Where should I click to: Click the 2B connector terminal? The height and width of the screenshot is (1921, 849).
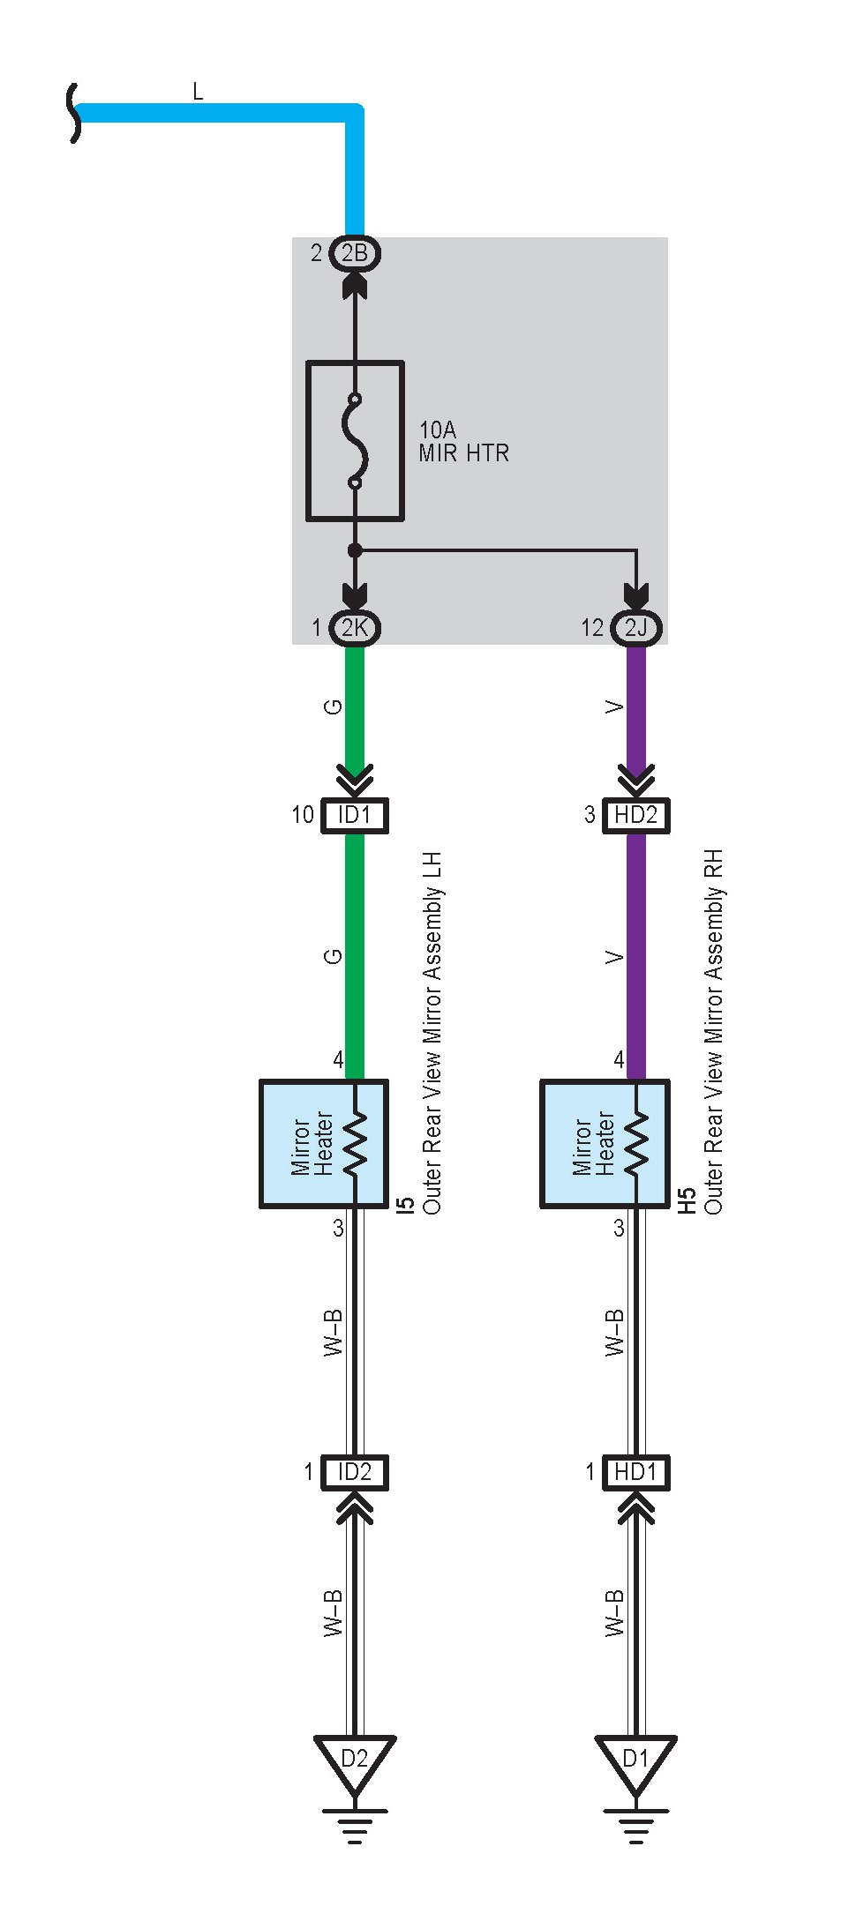point(354,254)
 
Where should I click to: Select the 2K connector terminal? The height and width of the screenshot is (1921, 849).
point(354,628)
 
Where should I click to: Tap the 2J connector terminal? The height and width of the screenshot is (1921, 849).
point(635,628)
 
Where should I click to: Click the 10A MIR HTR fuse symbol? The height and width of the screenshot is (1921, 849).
point(355,440)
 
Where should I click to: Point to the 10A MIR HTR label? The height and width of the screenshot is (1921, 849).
point(463,442)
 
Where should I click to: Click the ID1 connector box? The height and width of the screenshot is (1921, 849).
point(354,815)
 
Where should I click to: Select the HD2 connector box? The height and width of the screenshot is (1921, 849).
point(635,815)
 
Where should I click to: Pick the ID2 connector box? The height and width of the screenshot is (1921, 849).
point(354,1472)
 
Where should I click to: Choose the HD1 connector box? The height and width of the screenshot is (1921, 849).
point(635,1472)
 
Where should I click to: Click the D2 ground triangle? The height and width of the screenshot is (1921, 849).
point(354,1760)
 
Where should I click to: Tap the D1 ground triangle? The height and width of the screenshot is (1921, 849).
point(635,1760)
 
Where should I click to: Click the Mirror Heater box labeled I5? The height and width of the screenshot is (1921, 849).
point(323,1144)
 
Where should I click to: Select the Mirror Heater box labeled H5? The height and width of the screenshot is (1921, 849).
point(605,1144)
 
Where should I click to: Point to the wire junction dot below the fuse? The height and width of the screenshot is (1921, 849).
point(355,551)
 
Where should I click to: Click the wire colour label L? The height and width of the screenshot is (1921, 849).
point(198,91)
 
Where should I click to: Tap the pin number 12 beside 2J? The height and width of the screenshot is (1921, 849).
point(591,628)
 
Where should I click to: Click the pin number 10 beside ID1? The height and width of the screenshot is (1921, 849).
point(303,815)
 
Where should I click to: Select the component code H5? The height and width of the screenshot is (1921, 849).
point(687,1201)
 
